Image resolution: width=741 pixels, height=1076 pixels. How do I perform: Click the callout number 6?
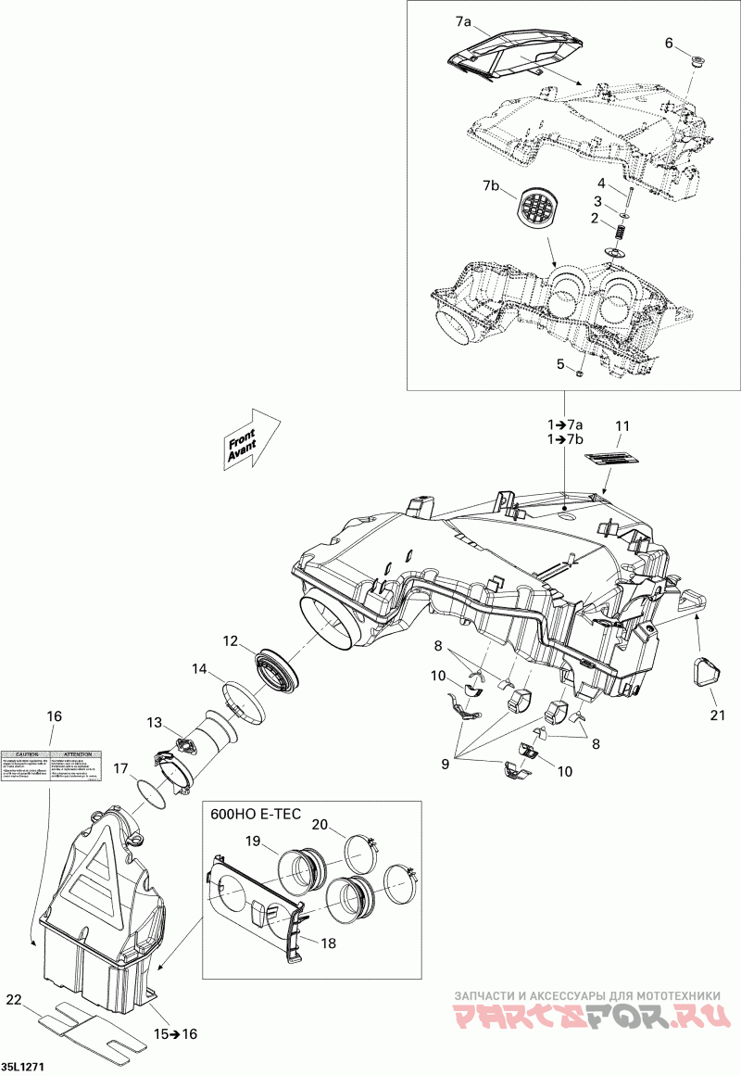[x=670, y=44]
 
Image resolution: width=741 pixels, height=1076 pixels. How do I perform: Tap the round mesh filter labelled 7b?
[x=536, y=207]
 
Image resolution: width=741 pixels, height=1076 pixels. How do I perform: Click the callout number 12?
[x=230, y=640]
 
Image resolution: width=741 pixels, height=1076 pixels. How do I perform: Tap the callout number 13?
[x=154, y=723]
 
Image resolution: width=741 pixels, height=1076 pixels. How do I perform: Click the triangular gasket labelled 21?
[x=706, y=672]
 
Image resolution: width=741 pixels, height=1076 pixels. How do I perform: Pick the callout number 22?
[x=13, y=1000]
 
